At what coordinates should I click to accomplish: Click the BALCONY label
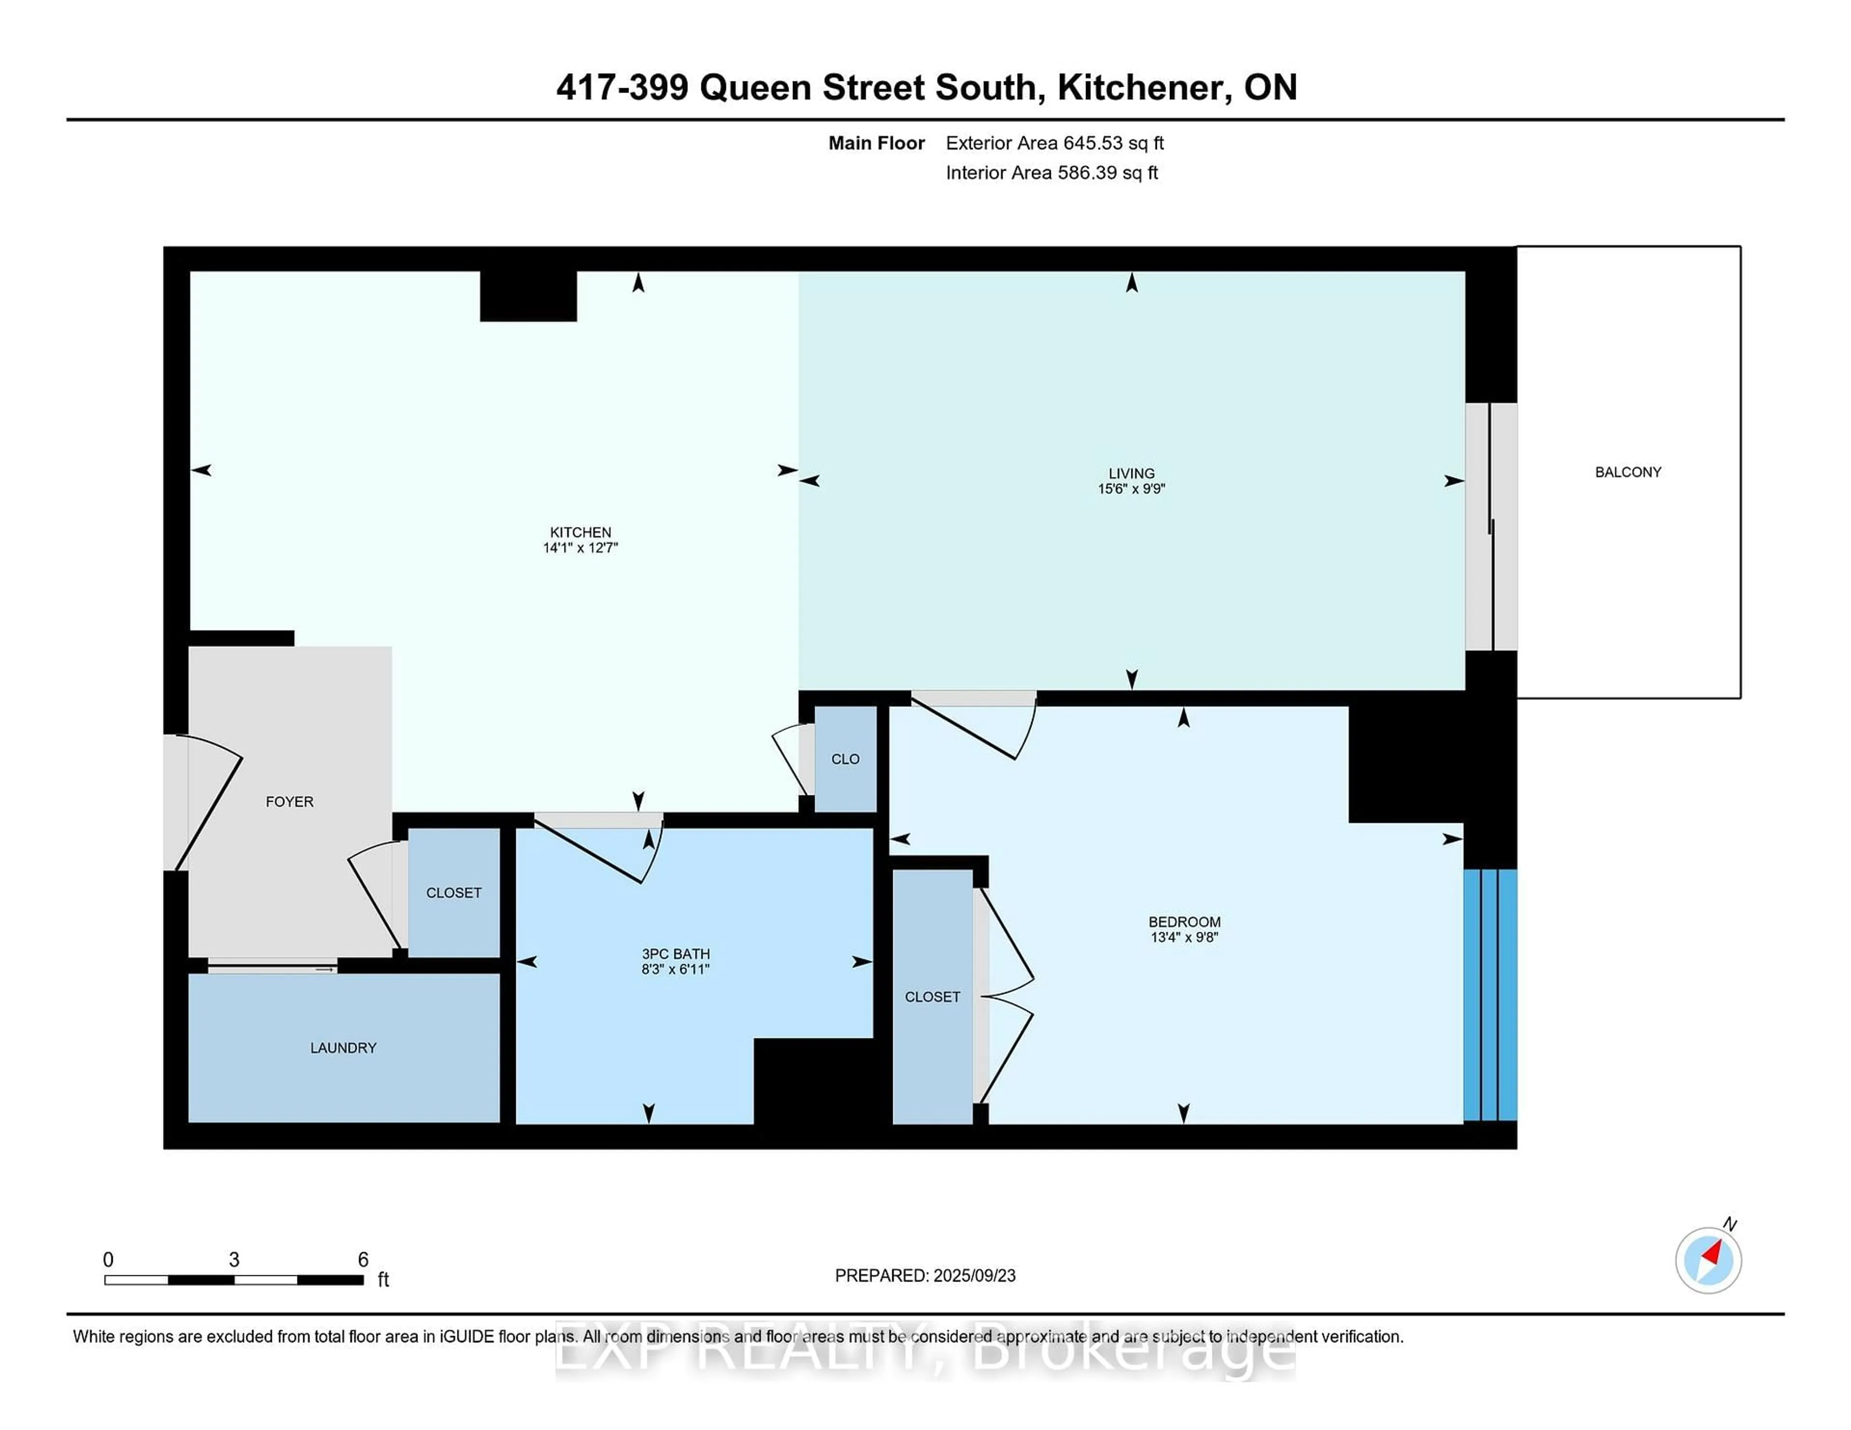click(x=1627, y=472)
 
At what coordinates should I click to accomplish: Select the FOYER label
click(x=289, y=801)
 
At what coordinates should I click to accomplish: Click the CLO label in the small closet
click(x=845, y=759)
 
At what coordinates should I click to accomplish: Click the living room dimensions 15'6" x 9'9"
click(x=1131, y=489)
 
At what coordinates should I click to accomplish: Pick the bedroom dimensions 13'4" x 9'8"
click(x=1184, y=937)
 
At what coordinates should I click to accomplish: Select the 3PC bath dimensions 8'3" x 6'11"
click(x=675, y=969)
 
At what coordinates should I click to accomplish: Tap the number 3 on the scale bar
click(x=234, y=1260)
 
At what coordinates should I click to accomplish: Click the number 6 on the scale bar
click(x=363, y=1260)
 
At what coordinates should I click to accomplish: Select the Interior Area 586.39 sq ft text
click(x=1052, y=173)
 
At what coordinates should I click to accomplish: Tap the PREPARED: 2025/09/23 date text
click(x=925, y=1276)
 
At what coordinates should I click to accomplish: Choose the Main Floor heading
click(x=876, y=143)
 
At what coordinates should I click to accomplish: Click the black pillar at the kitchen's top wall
click(x=528, y=296)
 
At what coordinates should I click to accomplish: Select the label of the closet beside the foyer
click(x=454, y=893)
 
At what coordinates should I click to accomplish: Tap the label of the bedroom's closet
click(x=932, y=997)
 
